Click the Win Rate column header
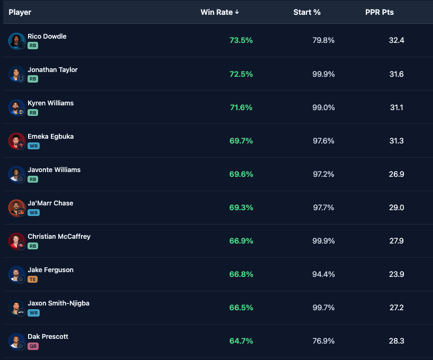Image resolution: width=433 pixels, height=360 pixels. point(216,12)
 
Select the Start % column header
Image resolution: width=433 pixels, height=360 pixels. point(307,12)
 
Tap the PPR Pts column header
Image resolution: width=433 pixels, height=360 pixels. point(380,12)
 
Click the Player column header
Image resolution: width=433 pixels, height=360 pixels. point(20,12)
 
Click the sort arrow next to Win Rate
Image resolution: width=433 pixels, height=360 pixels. point(237,12)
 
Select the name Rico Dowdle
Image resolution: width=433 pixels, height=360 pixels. point(47,37)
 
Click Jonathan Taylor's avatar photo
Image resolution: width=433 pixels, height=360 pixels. point(16,74)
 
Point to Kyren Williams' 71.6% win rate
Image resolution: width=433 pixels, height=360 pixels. point(241,107)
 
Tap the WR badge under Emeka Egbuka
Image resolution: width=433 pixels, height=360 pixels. point(33,146)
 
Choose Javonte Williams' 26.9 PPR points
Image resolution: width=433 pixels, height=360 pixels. point(396,174)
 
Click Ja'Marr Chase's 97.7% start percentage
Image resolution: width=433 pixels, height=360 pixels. point(323,208)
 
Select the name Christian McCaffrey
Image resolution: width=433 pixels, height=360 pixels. point(59,237)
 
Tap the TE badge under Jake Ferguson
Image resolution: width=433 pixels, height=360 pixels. point(33,279)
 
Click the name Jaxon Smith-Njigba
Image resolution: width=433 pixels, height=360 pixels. point(59,303)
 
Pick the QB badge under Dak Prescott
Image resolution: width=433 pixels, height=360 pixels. point(33,346)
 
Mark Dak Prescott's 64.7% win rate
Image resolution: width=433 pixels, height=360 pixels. point(241,341)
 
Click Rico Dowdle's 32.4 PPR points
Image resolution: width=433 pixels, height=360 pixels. point(396,41)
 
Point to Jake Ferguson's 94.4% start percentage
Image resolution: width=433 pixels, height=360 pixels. point(323,274)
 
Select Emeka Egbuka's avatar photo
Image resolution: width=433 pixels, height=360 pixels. point(16,141)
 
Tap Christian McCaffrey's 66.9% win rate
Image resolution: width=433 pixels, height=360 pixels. point(241,241)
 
